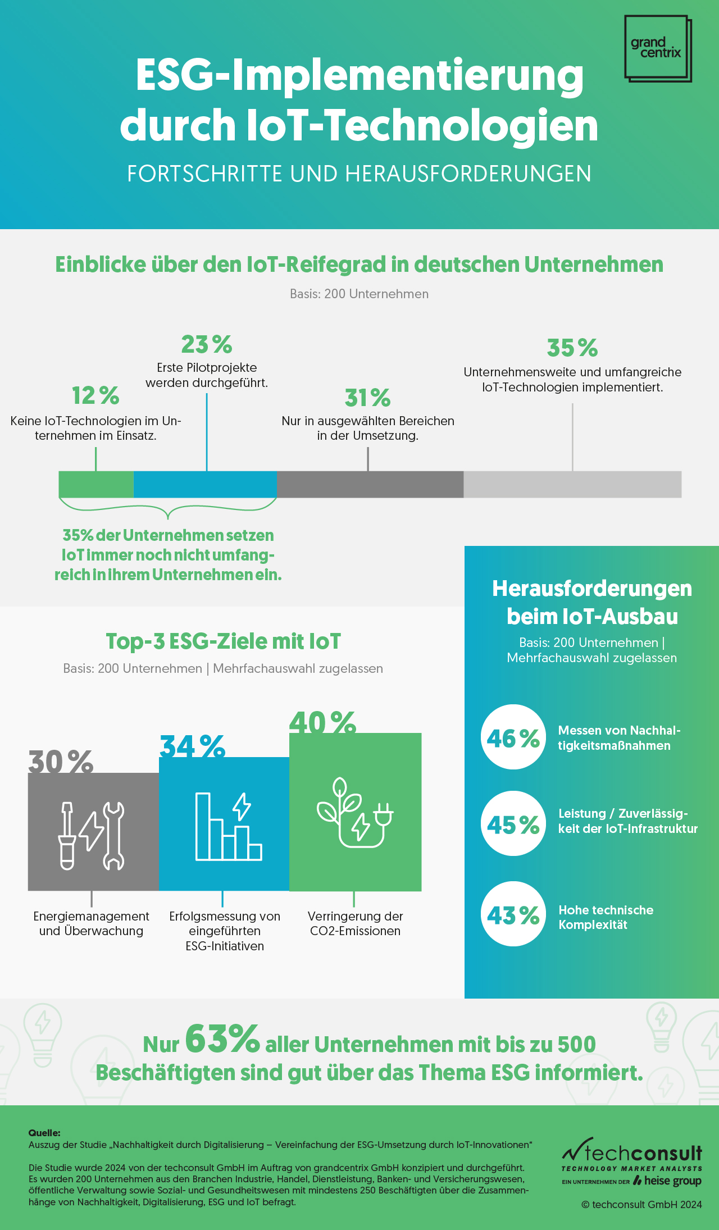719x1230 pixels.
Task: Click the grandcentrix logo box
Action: [657, 48]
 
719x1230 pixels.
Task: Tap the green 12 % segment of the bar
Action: [96, 484]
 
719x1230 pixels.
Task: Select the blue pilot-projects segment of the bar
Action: [205, 484]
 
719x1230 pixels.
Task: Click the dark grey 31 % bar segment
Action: [370, 484]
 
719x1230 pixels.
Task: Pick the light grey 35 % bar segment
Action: [572, 484]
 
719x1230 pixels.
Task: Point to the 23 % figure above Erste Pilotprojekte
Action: [206, 344]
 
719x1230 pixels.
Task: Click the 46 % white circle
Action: [513, 737]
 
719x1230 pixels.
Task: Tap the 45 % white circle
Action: [513, 824]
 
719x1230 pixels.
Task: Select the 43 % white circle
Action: [513, 914]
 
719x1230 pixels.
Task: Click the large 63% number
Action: [222, 1039]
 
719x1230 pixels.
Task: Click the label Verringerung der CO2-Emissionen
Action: [355, 923]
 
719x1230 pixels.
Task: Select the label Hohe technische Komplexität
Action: [606, 917]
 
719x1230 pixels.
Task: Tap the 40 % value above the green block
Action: [322, 723]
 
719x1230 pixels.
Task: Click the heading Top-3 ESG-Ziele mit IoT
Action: [223, 641]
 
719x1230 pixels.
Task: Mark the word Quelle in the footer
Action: [44, 1133]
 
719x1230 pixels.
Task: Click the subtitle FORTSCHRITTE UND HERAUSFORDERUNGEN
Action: [359, 174]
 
